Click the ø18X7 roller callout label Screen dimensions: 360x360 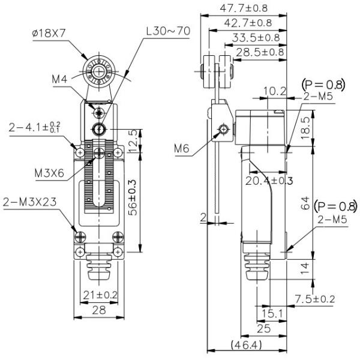tap(49, 34)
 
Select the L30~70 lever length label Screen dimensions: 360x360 tap(168, 31)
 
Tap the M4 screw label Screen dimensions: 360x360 tap(59, 79)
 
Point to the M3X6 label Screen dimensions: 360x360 tap(49, 173)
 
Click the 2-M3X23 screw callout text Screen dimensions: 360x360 tap(29, 202)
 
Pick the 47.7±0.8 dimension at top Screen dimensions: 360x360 tap(244, 8)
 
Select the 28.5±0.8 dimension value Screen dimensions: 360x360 tap(260, 52)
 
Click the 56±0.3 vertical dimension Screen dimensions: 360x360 tap(133, 197)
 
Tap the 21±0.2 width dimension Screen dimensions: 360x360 tap(100, 295)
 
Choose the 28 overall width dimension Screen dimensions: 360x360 tap(99, 310)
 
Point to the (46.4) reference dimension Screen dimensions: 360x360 tap(247, 344)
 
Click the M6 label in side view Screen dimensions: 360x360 tap(182, 148)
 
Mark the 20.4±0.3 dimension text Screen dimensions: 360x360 tap(269, 181)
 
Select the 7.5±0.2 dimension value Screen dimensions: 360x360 tap(315, 299)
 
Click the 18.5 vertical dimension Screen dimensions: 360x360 tap(305, 128)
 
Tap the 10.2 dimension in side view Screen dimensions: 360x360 tap(275, 91)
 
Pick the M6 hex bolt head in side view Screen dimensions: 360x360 tap(224, 129)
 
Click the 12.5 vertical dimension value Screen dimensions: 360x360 tap(133, 141)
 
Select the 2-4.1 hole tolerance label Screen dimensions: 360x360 tap(35, 127)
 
